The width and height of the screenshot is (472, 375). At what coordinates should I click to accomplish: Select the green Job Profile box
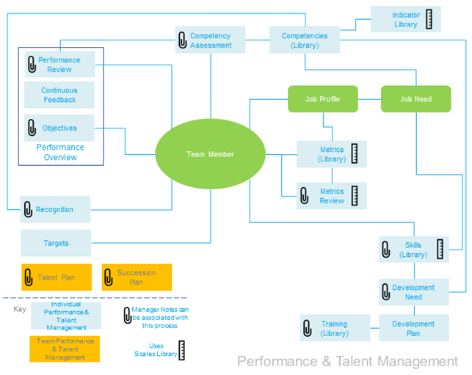(x=323, y=99)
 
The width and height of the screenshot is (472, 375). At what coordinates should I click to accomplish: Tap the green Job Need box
(x=415, y=99)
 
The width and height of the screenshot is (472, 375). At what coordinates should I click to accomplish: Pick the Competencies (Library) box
(x=305, y=40)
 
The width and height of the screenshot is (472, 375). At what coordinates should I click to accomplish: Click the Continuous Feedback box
(x=59, y=95)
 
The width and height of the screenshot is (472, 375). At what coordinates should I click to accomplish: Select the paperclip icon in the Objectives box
(x=31, y=128)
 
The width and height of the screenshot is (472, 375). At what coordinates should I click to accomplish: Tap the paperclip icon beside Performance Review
(x=31, y=65)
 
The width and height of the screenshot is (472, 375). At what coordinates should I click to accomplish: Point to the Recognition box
(x=55, y=209)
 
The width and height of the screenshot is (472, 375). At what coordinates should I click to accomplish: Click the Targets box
(x=56, y=243)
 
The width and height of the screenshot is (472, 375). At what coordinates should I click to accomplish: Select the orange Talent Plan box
(x=57, y=277)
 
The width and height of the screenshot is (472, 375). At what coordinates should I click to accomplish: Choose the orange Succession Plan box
(x=137, y=277)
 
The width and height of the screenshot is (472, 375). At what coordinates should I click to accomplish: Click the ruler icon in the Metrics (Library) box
(x=355, y=154)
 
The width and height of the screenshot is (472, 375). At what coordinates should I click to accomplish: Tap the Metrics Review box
(x=331, y=196)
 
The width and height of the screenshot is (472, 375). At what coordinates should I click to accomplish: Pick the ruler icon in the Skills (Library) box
(x=440, y=250)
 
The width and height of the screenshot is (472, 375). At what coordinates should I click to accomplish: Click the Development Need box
(x=413, y=292)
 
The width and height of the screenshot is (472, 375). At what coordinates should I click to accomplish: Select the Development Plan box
(x=413, y=328)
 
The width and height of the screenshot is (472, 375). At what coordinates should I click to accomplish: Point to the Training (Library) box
(x=334, y=328)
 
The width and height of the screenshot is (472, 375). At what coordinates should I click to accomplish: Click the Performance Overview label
(x=60, y=152)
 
